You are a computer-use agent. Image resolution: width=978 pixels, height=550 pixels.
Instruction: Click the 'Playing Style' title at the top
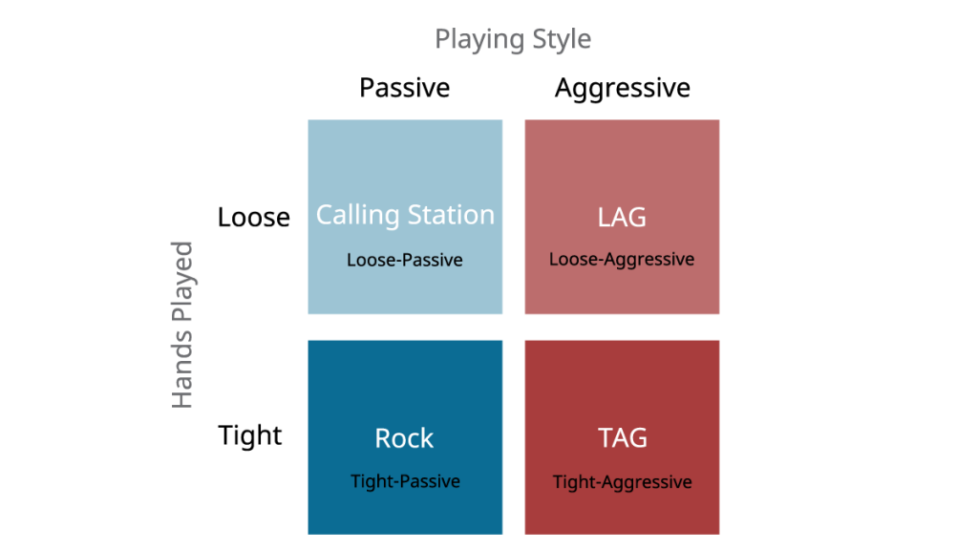point(513,39)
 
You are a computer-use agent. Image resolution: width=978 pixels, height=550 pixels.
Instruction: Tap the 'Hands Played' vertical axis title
point(182,325)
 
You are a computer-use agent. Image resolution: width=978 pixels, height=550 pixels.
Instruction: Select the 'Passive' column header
point(404,88)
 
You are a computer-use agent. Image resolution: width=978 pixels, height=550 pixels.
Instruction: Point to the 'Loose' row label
point(254,217)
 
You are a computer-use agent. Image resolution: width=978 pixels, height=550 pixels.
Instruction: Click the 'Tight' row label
point(250,435)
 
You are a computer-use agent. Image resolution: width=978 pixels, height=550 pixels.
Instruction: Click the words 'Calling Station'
point(405,216)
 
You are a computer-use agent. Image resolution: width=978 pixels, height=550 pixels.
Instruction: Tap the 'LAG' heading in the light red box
point(622,218)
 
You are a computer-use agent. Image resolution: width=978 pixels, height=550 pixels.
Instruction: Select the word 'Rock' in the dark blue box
point(404,438)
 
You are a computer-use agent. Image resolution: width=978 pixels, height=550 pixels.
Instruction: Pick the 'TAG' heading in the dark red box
point(623,437)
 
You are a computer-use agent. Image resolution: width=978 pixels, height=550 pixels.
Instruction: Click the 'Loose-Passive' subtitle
point(405,260)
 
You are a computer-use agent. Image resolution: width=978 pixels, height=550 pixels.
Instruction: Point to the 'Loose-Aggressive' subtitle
point(622,260)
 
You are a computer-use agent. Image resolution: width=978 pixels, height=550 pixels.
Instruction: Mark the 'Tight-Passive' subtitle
point(405,481)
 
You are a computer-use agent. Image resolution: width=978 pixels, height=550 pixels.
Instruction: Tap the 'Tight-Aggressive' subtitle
point(623,482)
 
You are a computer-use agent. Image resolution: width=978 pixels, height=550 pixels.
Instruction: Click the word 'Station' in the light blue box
point(451,215)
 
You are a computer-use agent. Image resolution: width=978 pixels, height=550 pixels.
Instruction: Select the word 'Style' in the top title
point(562,39)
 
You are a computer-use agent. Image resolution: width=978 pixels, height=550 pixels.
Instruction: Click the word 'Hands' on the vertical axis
point(182,370)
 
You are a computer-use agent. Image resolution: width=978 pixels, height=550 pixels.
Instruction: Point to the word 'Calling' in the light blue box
point(357,216)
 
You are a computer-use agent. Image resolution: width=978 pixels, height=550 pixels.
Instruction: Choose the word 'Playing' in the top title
point(479,39)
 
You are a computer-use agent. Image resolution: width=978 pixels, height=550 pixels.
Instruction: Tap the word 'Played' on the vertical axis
point(182,282)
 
